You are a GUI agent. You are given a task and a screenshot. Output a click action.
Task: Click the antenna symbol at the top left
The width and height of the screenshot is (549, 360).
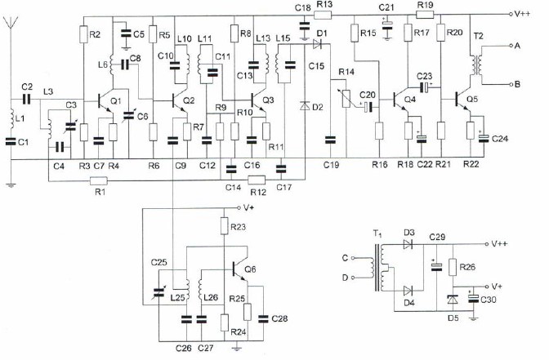coord(11,22)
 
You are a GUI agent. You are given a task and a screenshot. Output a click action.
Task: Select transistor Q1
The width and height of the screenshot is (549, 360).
coord(105,101)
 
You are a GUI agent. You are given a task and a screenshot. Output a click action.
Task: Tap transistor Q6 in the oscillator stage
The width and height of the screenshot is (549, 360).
coord(240,270)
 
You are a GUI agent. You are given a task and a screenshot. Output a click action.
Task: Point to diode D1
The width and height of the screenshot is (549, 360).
coord(317,44)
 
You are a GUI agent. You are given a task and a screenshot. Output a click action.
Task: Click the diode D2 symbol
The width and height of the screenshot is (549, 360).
coord(305,105)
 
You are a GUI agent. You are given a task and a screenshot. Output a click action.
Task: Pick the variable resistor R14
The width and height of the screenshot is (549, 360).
coord(346,98)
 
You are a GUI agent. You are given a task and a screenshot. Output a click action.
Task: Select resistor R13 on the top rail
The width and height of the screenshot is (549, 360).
coord(323,15)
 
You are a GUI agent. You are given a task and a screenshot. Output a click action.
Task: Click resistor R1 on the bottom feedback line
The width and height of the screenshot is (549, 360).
coord(99,181)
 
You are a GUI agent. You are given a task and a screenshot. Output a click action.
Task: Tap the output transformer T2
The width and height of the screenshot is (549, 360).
coord(476,64)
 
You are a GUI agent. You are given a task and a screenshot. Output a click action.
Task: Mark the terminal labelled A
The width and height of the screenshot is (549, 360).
coord(511,46)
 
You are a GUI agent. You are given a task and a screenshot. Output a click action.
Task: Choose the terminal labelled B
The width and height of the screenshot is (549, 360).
coord(511,84)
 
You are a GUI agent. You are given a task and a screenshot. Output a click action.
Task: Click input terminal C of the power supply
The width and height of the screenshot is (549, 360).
coord(353,258)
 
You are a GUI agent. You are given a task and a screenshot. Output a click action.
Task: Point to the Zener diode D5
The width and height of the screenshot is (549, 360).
coord(453,300)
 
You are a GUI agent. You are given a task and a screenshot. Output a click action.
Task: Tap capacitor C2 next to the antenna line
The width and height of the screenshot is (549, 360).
coord(27,100)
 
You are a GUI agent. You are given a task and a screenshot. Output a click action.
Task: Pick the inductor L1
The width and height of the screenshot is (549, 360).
coord(11,119)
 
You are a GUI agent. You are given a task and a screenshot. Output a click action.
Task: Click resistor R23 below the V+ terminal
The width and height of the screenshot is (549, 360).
coord(224,226)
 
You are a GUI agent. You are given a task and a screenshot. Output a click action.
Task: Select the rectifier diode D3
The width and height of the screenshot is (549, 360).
coord(408,244)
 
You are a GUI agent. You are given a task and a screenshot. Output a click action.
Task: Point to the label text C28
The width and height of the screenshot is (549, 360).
coord(279,318)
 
